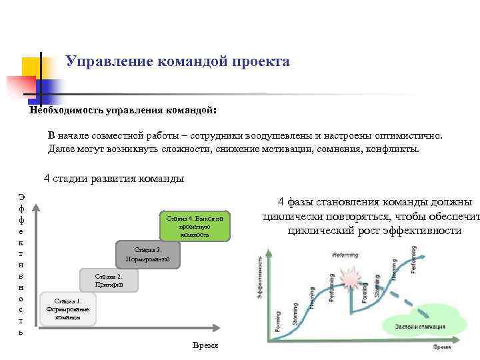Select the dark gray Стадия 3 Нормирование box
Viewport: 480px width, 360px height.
[147, 254]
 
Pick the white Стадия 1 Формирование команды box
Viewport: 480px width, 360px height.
[68, 309]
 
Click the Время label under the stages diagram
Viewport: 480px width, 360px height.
[205, 345]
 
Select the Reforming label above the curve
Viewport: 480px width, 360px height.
[346, 255]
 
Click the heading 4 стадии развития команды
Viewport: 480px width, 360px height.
[113, 179]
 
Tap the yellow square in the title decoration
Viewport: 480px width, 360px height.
[33, 67]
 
